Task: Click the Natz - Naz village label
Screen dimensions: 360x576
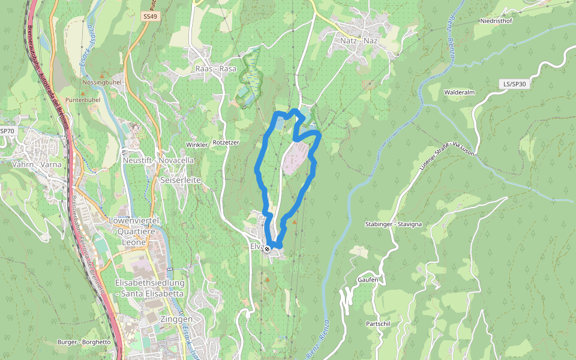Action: coord(359,41)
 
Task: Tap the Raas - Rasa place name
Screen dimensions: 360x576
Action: coord(216,68)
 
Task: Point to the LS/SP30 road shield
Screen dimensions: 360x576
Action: coord(514,84)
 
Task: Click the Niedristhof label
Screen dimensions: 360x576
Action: coord(496,21)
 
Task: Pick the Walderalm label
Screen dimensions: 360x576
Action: coord(460,92)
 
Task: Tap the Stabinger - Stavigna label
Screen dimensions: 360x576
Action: coord(394,224)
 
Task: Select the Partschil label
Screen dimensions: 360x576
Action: coord(378,323)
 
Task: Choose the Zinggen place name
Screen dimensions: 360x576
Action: coord(176,320)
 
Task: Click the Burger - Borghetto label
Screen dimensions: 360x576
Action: coord(84,342)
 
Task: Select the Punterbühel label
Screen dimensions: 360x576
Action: coord(83,100)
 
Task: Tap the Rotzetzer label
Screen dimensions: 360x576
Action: coord(226,143)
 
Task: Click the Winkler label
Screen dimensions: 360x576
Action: coord(196,145)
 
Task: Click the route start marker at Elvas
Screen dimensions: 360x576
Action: coord(268,248)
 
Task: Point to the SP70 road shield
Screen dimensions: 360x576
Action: coord(6,131)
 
